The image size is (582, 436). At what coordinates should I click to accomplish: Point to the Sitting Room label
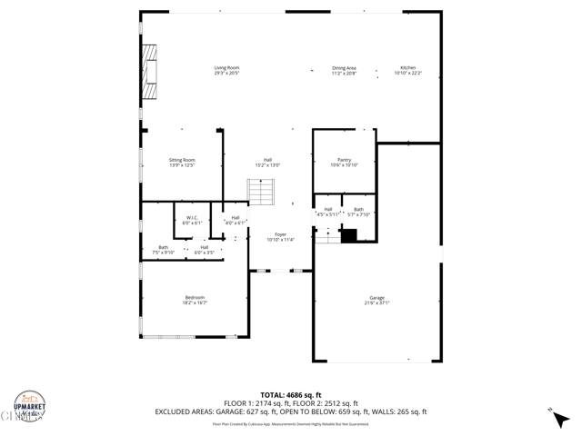[182, 162]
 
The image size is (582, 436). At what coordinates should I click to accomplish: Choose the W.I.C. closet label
[192, 219]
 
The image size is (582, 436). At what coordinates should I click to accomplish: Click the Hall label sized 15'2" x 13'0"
[267, 162]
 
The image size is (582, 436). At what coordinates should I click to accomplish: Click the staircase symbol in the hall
[261, 192]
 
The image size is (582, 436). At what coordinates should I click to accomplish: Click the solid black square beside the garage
[348, 235]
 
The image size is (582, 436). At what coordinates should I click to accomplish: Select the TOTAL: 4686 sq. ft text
[291, 395]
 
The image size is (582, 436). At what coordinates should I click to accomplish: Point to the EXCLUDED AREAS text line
[291, 411]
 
